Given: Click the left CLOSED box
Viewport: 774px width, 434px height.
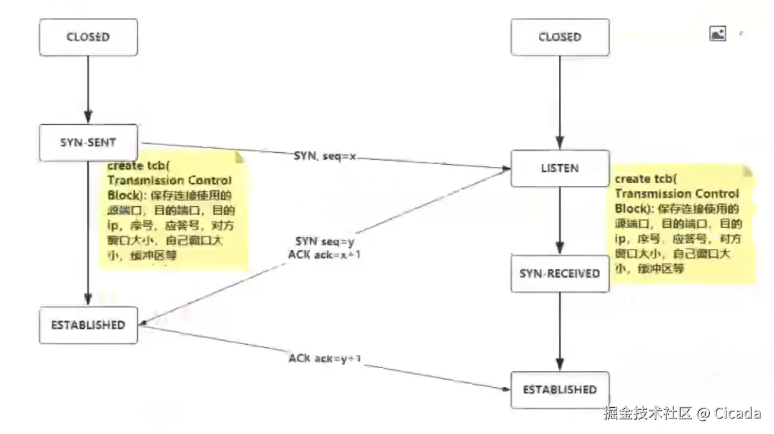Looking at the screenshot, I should pyautogui.click(x=88, y=37).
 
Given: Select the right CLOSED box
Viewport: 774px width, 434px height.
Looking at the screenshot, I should pyautogui.click(x=560, y=37).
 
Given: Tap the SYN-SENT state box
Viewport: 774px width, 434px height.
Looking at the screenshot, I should pyautogui.click(x=88, y=143).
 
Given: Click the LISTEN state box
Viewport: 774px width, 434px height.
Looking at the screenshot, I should pyautogui.click(x=560, y=168).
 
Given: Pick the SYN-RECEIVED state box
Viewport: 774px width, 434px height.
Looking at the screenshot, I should pyautogui.click(x=560, y=273).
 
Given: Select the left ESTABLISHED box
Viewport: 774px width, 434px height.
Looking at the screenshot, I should pyautogui.click(x=88, y=325).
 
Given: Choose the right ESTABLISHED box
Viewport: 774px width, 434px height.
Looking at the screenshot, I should pyautogui.click(x=560, y=389).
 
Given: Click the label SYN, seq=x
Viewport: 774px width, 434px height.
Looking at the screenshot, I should pyautogui.click(x=325, y=156).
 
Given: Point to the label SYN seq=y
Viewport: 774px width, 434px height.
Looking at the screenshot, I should pyautogui.click(x=325, y=241).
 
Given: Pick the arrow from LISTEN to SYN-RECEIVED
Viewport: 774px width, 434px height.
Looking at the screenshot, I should pyautogui.click(x=560, y=220).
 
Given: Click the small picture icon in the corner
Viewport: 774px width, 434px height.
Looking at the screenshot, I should pyautogui.click(x=718, y=34).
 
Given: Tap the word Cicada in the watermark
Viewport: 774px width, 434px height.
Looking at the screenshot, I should pyautogui.click(x=737, y=413).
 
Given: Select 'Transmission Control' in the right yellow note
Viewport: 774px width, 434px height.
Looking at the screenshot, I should pyautogui.click(x=677, y=194).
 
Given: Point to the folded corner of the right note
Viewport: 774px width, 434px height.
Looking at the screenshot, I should pyautogui.click(x=747, y=171).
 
